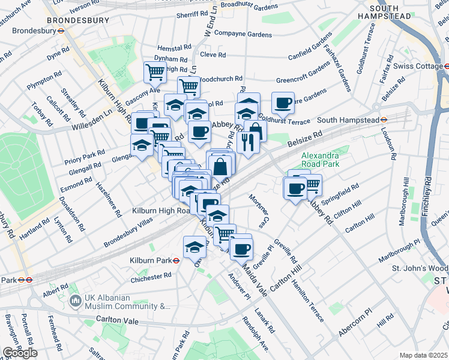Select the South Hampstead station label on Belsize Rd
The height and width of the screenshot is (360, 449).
pyautogui.click(x=352, y=120)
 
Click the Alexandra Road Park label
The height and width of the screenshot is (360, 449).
pyautogui.click(x=321, y=160)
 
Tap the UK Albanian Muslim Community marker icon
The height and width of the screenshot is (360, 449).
pyautogui.click(x=76, y=300)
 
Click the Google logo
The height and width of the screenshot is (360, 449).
pyautogui.click(x=20, y=353)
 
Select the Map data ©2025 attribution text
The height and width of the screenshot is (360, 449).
pyautogui.click(x=424, y=355)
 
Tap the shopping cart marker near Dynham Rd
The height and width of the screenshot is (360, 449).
pyautogui.click(x=155, y=72)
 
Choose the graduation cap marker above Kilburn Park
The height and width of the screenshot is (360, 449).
pyautogui.click(x=194, y=246)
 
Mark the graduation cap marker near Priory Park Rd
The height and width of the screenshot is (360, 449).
pyautogui.click(x=142, y=145)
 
